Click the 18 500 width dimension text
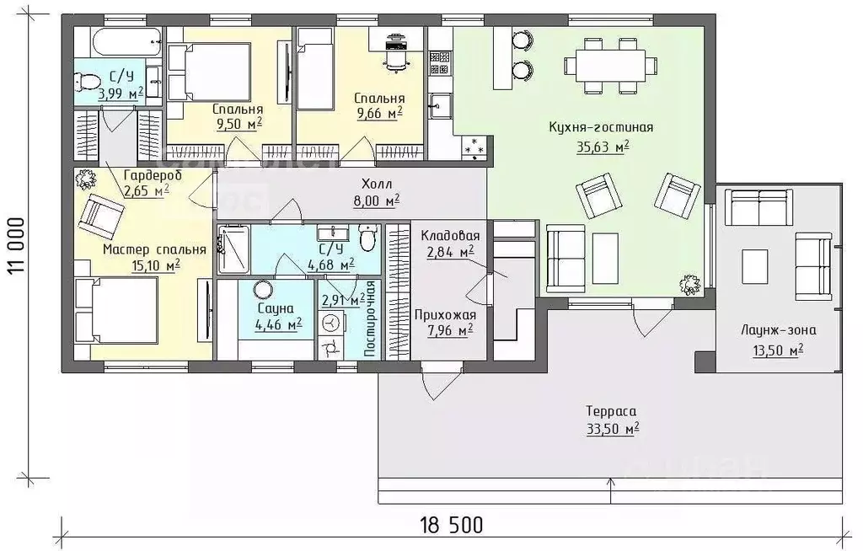452,525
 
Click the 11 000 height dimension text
16,245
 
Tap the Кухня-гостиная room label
601,128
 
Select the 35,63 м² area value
603,147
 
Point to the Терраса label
611,411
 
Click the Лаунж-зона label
778,331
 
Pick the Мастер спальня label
154,249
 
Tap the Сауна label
276,308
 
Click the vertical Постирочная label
370,318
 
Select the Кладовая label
450,236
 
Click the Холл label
377,184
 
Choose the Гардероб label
153,176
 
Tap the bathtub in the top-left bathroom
127,40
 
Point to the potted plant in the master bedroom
85,179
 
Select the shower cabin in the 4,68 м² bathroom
233,249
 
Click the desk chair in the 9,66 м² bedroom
396,59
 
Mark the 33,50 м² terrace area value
613,429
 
